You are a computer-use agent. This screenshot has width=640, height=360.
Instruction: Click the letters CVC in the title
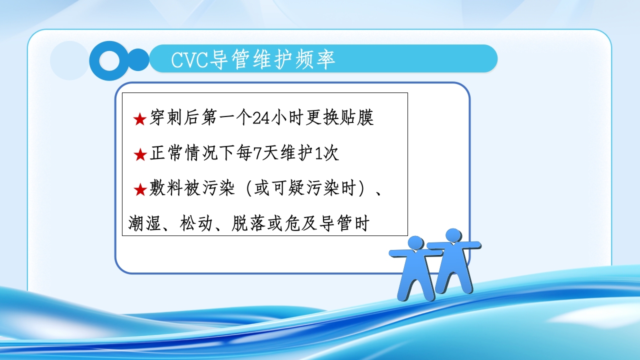(x=188, y=59)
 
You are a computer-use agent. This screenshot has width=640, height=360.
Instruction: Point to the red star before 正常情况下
(x=139, y=154)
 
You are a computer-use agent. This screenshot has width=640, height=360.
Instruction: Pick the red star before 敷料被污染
(x=139, y=189)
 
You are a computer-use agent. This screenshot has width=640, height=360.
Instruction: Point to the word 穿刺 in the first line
(x=165, y=118)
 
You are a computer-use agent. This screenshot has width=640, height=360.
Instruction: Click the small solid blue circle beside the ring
(x=138, y=60)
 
